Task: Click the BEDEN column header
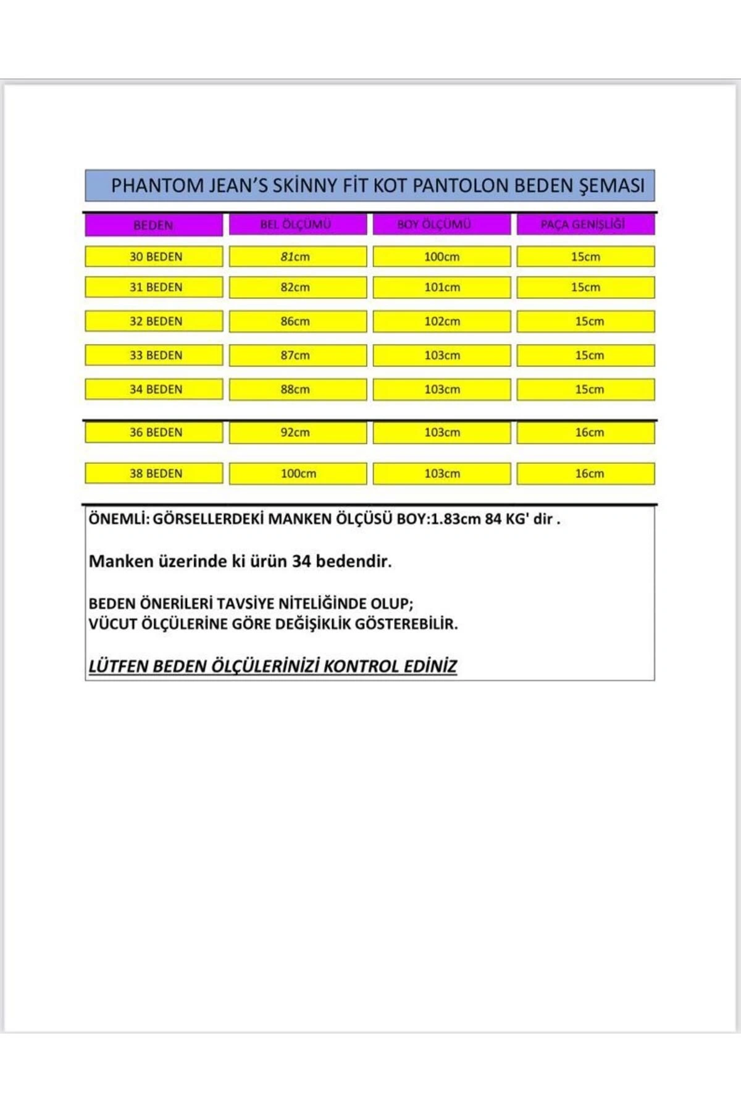coord(153,225)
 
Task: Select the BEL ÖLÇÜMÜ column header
coord(296,224)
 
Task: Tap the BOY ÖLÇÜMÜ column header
coord(434,224)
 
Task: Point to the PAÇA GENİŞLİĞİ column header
coord(583,224)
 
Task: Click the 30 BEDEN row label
coord(156,256)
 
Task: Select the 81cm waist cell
coord(295,256)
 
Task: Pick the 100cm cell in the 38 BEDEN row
coord(298,474)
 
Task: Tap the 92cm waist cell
coord(295,432)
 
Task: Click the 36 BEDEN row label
coord(156,432)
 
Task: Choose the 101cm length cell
coord(442,287)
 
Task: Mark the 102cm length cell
coord(442,321)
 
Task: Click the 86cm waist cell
coord(295,321)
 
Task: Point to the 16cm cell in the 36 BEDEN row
coord(590,432)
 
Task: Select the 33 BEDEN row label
coord(156,355)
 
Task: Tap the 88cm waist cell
coord(295,389)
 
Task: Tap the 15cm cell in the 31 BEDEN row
coord(585,287)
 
